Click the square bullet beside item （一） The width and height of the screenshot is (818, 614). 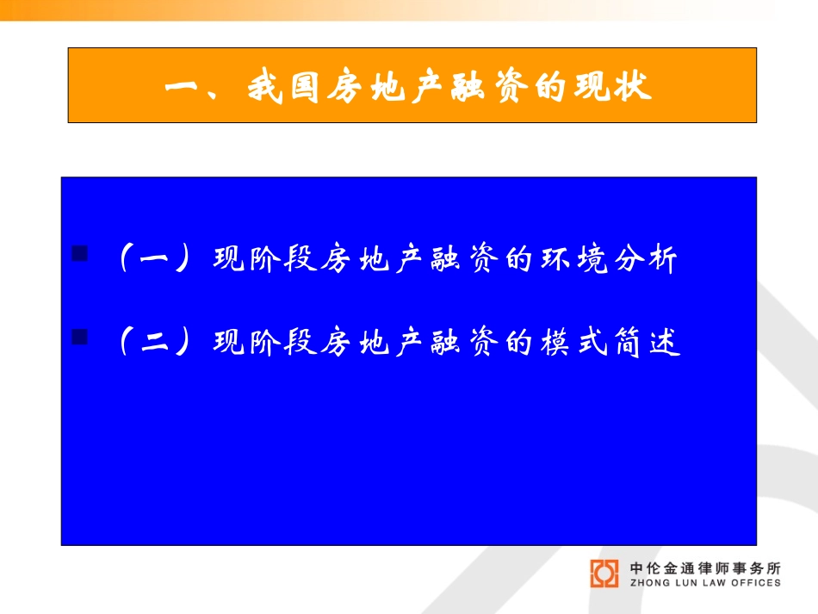[79, 253]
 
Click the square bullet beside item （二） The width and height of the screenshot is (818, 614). [79, 337]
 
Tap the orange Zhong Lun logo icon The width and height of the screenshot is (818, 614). [604, 574]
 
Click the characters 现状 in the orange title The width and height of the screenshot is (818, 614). [613, 86]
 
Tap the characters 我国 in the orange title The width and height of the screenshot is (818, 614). [282, 87]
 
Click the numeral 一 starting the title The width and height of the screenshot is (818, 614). [182, 87]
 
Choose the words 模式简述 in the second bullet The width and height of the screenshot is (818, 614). [610, 342]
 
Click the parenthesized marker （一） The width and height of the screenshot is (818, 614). [154, 258]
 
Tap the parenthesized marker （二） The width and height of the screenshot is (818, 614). [154, 342]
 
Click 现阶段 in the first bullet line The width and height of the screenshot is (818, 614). [265, 258]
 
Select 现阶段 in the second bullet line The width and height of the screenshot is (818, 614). [265, 342]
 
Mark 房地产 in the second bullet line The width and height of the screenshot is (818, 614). [374, 342]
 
